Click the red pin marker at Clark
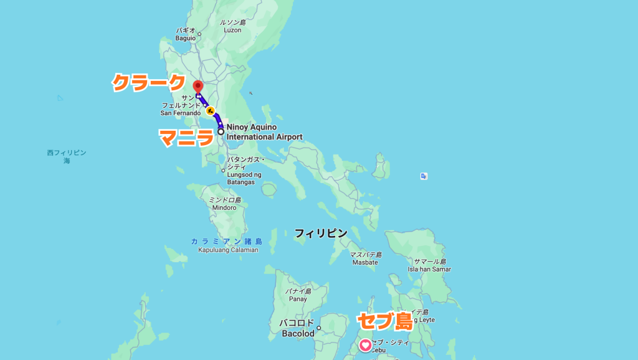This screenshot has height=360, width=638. pos(198,87)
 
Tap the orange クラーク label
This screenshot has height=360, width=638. pos(149,82)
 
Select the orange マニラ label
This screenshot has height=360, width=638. pos(186,137)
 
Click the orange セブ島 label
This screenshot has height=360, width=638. pos(384,321)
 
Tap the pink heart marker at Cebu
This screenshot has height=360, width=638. pos(365,344)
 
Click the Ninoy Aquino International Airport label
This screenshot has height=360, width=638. pos(264,132)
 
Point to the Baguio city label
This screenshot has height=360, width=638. pos(185,34)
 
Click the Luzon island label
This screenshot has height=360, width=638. pos(232,26)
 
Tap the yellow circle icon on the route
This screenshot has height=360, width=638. pos(211,111)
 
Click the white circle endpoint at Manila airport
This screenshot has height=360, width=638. pos(221,131)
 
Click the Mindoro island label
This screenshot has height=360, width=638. pos(225,204)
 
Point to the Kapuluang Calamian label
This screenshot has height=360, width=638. pos(227,245)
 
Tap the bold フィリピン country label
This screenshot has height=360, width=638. pos(321,233)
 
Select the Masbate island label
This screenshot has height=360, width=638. pos(365,258)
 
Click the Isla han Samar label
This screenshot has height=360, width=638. pos(429,265)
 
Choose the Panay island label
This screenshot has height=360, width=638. pos(298,295)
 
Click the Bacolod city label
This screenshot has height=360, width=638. pos(297,328)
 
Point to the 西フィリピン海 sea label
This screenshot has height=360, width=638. pos(66,156)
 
